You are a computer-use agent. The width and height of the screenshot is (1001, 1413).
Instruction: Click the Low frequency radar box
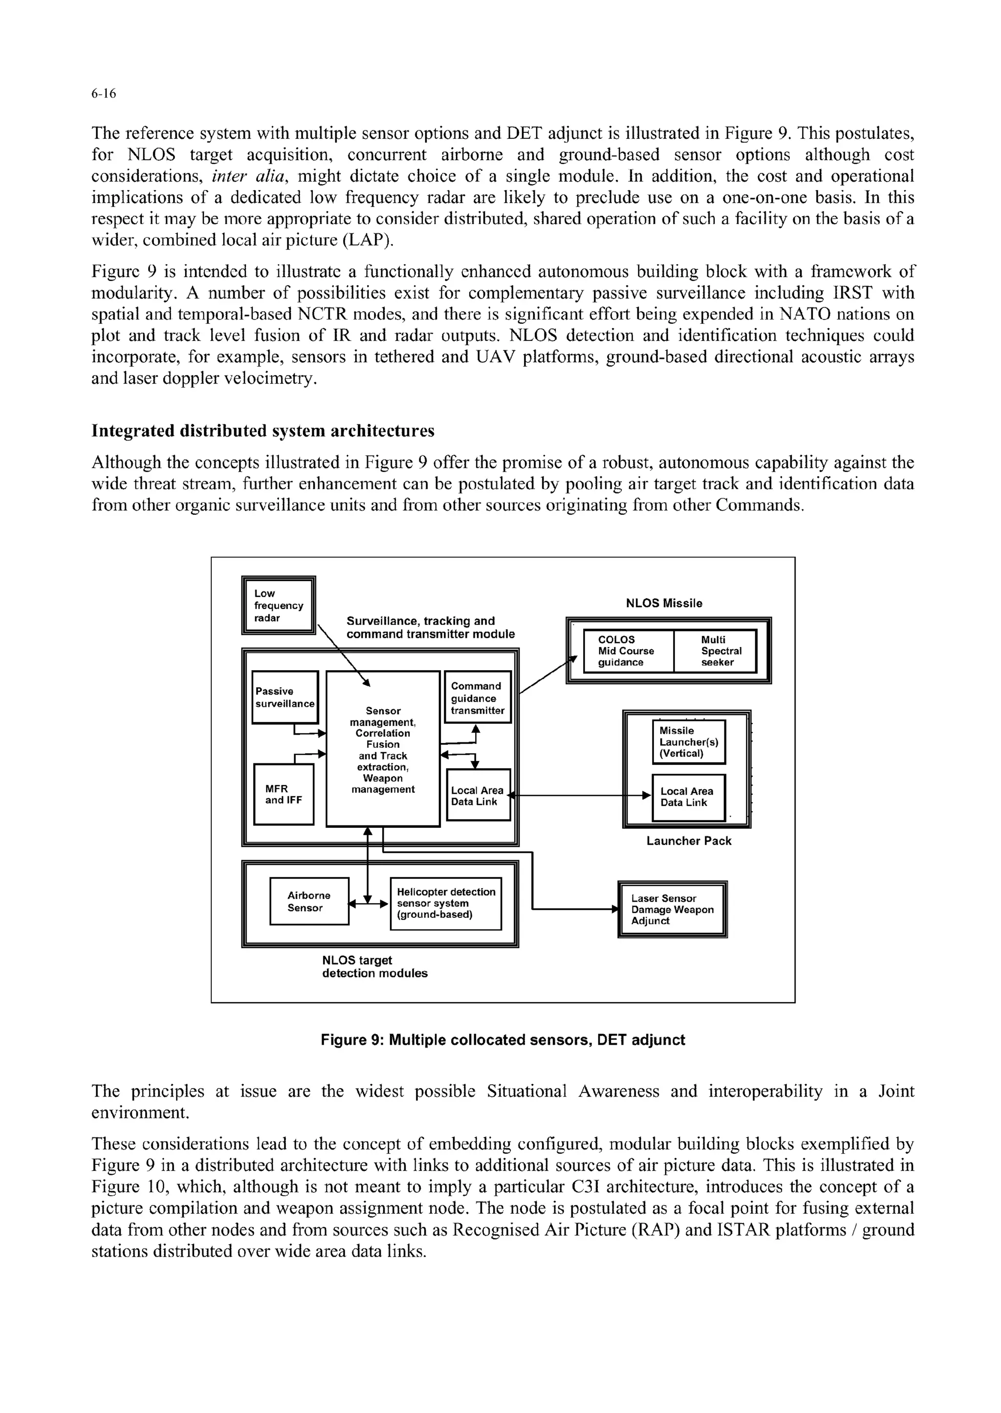tap(278, 606)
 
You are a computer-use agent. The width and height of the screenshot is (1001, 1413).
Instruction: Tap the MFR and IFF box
tap(283, 794)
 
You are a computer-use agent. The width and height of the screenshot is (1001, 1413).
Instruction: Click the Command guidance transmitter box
tap(478, 697)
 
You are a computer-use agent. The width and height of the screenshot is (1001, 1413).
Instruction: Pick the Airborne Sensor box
tap(309, 901)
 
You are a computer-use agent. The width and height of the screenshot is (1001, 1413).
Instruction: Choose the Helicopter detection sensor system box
tap(446, 903)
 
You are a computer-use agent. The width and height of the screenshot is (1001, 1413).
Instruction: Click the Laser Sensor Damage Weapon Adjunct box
tap(672, 909)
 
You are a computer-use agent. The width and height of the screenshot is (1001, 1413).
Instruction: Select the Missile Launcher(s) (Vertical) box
tap(689, 741)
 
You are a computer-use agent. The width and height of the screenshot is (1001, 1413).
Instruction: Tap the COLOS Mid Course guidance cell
tap(628, 651)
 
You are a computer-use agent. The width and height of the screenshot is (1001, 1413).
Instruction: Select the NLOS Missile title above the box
tap(664, 603)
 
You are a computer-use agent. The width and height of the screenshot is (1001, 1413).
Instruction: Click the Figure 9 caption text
tap(502, 1040)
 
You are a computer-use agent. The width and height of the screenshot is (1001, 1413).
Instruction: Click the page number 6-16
tap(104, 94)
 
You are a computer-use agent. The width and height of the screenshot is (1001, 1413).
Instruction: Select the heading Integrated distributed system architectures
tap(262, 431)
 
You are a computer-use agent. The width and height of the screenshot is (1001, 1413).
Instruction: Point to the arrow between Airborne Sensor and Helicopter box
tap(369, 904)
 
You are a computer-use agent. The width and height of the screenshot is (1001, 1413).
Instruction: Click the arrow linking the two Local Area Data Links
tap(579, 795)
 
